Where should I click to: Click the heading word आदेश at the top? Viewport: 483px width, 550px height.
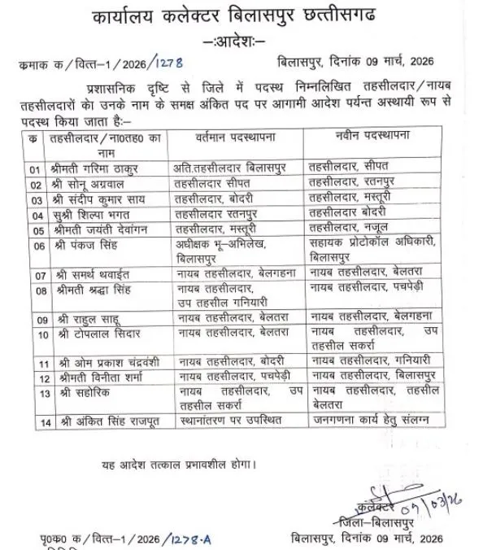(240, 41)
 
